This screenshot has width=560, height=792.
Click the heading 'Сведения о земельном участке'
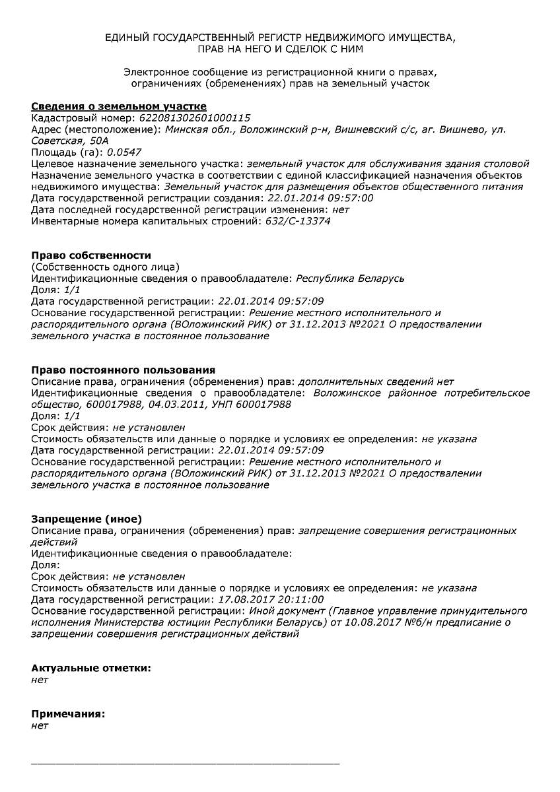point(119,106)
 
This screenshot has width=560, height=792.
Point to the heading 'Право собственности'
point(91,255)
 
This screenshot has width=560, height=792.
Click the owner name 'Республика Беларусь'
point(350,278)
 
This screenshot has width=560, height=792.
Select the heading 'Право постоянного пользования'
point(123,370)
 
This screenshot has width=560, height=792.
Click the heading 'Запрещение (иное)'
point(87,519)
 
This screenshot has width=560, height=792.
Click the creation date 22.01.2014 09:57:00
point(320,198)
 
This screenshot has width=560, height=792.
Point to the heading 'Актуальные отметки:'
point(91,668)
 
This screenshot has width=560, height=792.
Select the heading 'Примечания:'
point(68,714)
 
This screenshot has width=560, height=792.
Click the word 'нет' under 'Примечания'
point(40,725)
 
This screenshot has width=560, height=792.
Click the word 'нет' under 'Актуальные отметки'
point(40,679)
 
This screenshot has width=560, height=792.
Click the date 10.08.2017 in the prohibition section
point(370,622)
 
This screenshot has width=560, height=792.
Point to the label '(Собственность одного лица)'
point(105,267)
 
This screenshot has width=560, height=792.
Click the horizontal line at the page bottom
point(186,763)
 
